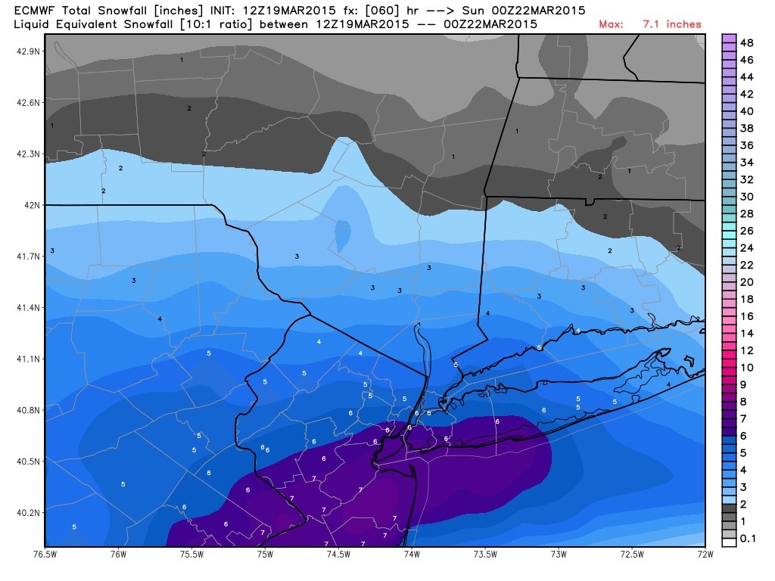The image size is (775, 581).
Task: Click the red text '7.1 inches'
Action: (672, 24)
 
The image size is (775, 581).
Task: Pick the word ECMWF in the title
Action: (33, 11)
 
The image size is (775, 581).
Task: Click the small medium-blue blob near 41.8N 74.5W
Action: (343, 235)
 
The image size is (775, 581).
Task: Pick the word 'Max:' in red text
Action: (612, 24)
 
